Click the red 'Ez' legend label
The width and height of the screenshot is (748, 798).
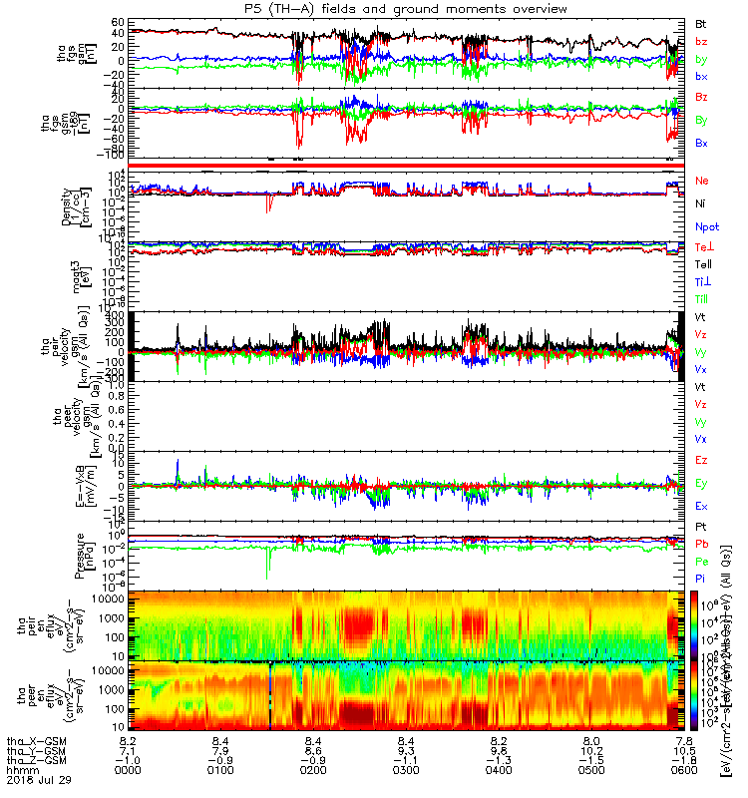701,460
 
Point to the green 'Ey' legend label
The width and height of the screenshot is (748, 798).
701,483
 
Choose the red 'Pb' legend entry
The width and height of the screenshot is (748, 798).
701,544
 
